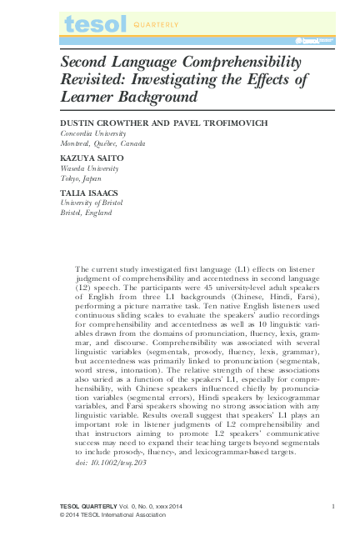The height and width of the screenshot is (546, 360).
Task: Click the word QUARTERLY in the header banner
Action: (155, 25)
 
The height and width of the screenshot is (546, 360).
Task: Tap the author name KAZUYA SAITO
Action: (92, 157)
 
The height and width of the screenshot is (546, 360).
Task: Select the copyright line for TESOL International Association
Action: (113, 515)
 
